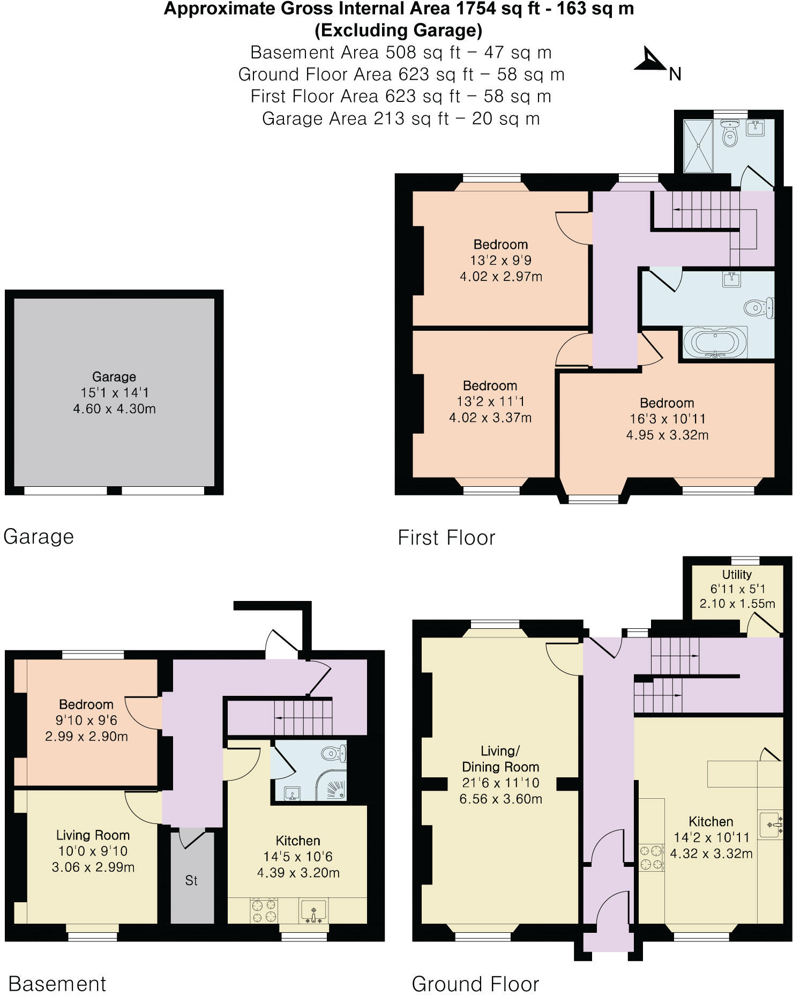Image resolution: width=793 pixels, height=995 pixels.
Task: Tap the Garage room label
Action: click(114, 376)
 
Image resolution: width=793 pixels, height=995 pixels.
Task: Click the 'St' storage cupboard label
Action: click(191, 880)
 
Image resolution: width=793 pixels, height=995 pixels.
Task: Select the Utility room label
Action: click(737, 575)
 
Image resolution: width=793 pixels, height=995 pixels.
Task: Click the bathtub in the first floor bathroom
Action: click(715, 342)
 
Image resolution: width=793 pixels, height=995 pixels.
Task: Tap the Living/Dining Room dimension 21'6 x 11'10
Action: click(500, 783)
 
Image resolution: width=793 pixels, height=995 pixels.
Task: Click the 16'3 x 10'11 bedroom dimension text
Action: click(667, 419)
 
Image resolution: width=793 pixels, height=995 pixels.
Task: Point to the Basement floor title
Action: click(57, 984)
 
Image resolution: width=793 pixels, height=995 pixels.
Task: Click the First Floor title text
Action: click(446, 537)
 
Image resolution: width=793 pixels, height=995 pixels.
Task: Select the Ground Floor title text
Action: click(475, 984)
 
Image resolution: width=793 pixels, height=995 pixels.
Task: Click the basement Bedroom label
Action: click(86, 704)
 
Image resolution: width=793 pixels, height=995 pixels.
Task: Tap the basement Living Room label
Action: click(93, 835)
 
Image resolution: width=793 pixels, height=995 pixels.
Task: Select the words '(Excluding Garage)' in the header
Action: click(398, 31)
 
